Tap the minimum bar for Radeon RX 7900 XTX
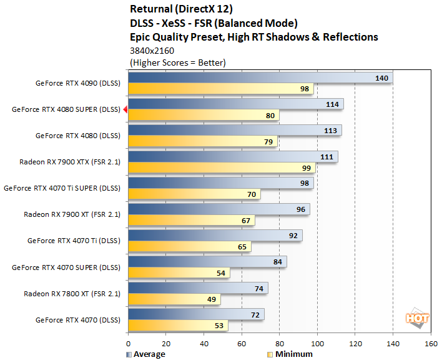pyautogui.click(x=222, y=167)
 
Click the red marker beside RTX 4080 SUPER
pyautogui.click(x=125, y=109)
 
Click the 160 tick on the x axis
pyautogui.click(x=431, y=343)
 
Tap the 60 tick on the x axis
pyautogui.click(x=242, y=343)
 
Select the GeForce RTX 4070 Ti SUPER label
pyautogui.click(x=61, y=187)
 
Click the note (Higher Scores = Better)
pyautogui.click(x=178, y=62)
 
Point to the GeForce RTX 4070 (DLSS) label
pyautogui.click(x=77, y=319)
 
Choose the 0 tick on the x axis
pyautogui.click(x=128, y=343)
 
